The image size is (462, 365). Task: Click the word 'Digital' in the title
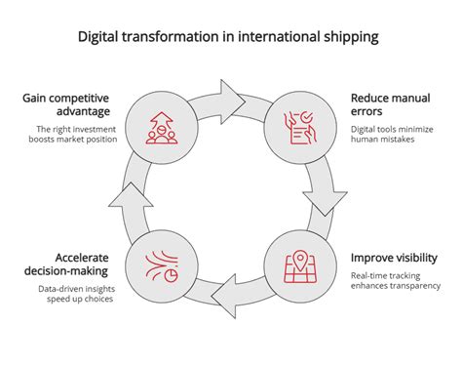(97, 37)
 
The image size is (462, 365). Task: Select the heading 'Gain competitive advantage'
(66, 104)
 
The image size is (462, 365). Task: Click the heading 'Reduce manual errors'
(390, 104)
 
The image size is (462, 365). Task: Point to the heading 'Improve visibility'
(394, 258)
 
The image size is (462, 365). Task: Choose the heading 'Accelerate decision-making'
(66, 264)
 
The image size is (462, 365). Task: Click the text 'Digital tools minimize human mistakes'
(392, 134)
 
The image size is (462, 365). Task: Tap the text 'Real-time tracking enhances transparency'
(396, 281)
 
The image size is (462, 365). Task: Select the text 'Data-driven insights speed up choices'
(77, 294)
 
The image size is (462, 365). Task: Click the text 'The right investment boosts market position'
(73, 134)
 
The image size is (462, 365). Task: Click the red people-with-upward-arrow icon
(162, 128)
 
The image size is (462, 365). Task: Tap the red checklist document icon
(300, 128)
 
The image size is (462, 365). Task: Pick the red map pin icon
(300, 266)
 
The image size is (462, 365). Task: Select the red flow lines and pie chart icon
(162, 266)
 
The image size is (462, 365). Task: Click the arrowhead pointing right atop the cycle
(232, 101)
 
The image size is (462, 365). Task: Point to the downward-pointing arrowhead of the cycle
(326, 203)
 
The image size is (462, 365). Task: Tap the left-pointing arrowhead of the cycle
(223, 296)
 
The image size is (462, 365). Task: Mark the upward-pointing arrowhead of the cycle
(131, 194)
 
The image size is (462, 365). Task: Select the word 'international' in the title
(279, 37)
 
